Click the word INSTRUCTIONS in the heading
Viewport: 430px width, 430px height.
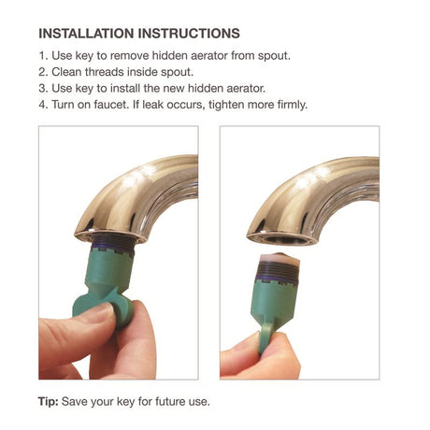coord(197,34)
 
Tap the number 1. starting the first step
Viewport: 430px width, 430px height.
coord(44,55)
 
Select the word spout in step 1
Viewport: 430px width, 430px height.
coord(272,55)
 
